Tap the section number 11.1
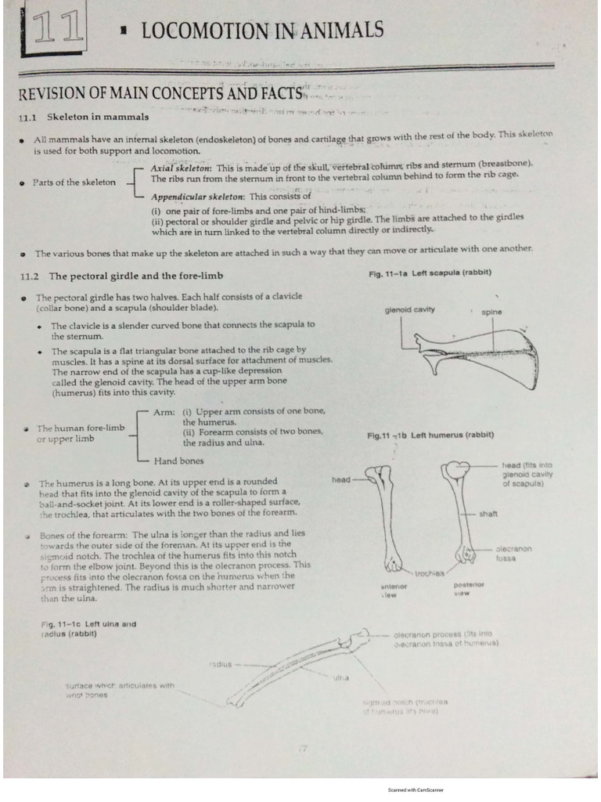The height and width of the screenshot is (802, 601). coord(29,117)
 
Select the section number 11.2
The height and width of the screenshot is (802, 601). coord(29,276)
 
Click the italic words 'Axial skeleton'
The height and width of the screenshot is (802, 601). coord(181,168)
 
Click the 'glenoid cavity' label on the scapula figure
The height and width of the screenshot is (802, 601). coord(409,310)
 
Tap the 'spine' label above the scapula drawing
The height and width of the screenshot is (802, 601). coord(492,312)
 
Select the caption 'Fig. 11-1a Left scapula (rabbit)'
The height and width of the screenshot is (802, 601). coord(430,273)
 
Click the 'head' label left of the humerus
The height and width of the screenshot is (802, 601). coord(343,479)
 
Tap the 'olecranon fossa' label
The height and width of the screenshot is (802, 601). coord(514,554)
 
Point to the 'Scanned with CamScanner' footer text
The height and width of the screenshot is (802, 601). coord(415,790)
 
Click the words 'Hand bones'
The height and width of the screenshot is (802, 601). coord(178,461)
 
